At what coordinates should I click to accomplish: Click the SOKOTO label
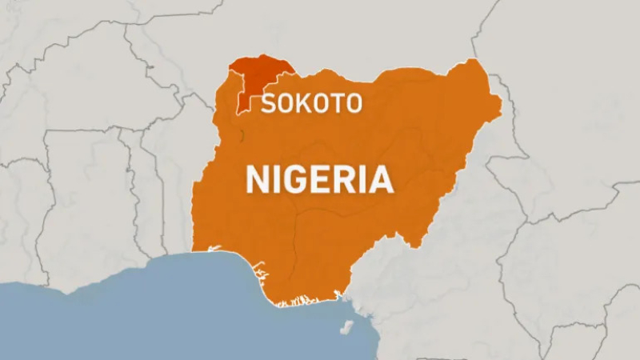312,103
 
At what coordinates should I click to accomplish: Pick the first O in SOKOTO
286,103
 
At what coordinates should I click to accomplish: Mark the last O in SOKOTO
353,103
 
